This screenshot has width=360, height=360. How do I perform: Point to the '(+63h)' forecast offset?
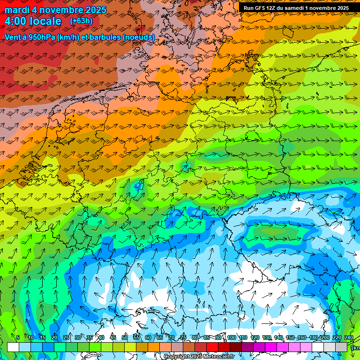point(81,21)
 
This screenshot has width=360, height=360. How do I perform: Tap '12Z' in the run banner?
point(272,8)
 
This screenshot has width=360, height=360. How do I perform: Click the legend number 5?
point(18,337)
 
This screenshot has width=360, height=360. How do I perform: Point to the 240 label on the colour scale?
point(348,337)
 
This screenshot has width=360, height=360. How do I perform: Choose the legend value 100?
point(231,337)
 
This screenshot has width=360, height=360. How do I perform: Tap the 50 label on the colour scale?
point(125,337)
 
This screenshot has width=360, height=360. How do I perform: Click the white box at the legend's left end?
point(13,347)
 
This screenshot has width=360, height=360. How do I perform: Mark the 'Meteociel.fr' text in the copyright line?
point(218,357)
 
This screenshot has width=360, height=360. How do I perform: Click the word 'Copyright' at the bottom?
point(177,357)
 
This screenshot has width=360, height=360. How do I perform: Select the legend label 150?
point(290,337)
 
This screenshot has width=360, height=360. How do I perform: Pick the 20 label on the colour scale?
point(54,337)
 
